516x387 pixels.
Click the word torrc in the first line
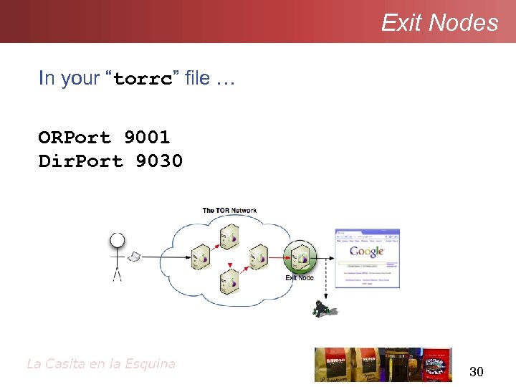coord(143,79)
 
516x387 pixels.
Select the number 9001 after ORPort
coord(147,137)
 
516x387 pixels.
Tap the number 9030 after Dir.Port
coord(159,161)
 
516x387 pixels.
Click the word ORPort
coord(75,137)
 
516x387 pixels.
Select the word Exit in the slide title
coord(402,23)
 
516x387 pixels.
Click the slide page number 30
coord(476,371)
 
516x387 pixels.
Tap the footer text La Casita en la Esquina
coord(100,363)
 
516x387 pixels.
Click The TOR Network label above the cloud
coord(229,211)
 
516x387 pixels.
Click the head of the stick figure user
coord(117,241)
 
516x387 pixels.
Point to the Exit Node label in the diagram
coord(300,277)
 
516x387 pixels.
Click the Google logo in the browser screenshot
coord(367,252)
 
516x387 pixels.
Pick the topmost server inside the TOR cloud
coord(229,234)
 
